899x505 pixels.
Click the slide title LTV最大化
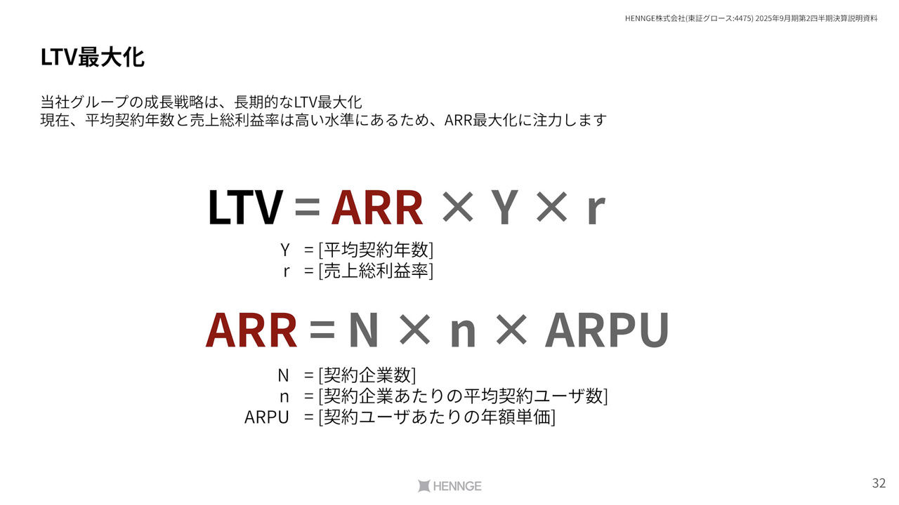tap(92, 58)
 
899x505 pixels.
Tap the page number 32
tap(879, 483)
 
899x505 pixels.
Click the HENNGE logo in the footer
tap(449, 486)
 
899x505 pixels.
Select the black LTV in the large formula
tap(245, 207)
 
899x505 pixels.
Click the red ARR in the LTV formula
tap(377, 207)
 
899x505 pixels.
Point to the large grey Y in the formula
tap(504, 207)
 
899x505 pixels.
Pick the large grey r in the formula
tap(596, 211)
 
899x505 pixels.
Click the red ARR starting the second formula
tap(251, 330)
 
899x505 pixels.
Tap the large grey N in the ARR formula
tap(364, 330)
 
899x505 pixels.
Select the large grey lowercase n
tap(463, 335)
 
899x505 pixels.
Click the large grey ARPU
tap(607, 330)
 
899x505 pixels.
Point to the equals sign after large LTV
tap(307, 207)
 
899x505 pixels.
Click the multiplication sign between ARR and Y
tap(457, 207)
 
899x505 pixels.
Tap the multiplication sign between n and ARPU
tap(511, 330)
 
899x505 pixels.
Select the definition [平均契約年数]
tap(376, 250)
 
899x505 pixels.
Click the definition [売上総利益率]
tap(376, 271)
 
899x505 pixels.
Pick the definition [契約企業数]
tap(367, 375)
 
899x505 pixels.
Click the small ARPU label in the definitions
tap(266, 417)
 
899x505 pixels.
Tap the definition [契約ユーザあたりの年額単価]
tap(437, 417)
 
